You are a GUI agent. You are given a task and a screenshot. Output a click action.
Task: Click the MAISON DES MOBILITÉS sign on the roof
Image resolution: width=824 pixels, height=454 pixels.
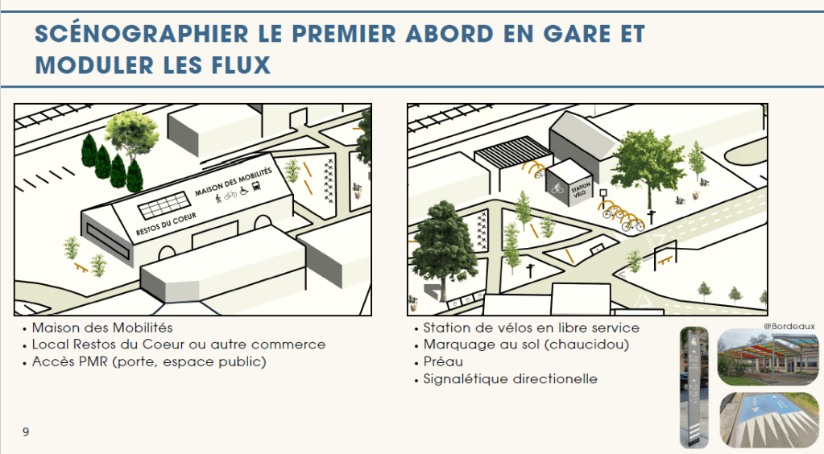click(234, 183)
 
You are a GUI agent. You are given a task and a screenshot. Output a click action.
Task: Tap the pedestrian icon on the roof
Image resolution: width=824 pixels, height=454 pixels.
click(218, 199)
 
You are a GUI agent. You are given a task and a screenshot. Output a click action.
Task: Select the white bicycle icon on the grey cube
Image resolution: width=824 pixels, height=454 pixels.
click(557, 189)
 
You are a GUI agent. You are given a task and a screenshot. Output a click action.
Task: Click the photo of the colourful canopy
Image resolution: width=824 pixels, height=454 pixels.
click(766, 357)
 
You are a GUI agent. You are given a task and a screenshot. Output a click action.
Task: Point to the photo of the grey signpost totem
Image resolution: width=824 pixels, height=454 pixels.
click(694, 386)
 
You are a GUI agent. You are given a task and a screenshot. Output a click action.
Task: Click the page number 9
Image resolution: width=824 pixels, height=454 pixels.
click(26, 432)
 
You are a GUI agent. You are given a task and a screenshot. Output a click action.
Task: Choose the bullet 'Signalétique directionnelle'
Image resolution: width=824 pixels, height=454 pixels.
click(510, 379)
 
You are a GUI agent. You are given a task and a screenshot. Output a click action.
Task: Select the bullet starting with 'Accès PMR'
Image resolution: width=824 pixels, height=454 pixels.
click(149, 361)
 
